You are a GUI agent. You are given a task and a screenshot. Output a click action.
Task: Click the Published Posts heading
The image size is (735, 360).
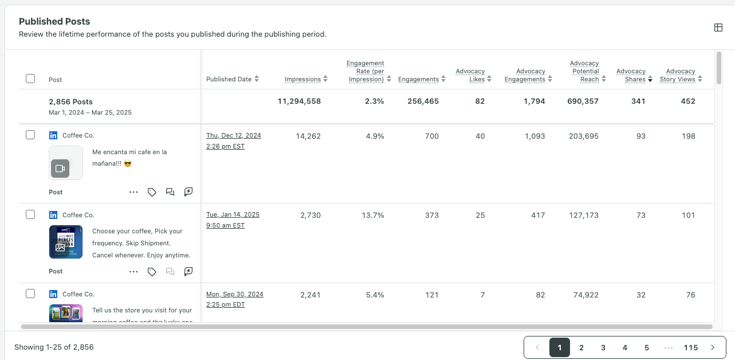click(54, 21)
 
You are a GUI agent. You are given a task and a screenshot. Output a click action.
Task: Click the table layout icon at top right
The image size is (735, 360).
click(718, 28)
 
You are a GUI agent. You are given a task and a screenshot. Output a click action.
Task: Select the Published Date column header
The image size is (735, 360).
click(229, 79)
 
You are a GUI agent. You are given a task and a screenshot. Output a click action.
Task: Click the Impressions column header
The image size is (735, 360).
click(302, 79)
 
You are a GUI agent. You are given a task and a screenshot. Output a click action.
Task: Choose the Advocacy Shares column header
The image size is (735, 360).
click(631, 75)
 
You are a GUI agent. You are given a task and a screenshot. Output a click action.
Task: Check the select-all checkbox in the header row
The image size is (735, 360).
click(30, 79)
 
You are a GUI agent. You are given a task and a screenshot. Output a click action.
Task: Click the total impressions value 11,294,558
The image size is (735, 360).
click(299, 101)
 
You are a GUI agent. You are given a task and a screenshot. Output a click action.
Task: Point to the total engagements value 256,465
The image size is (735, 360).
click(418, 101)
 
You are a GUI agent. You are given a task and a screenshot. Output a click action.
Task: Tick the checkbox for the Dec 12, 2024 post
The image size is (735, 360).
click(30, 135)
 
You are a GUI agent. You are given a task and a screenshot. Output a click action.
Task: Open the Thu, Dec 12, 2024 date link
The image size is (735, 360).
click(233, 136)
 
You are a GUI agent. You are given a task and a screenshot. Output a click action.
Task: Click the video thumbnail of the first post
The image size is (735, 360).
click(65, 163)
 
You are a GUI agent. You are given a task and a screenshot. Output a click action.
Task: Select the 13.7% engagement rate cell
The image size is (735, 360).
click(372, 216)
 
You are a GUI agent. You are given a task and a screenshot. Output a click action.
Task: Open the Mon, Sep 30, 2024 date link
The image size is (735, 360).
click(234, 295)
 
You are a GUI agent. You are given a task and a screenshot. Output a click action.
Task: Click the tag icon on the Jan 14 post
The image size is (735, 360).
click(152, 272)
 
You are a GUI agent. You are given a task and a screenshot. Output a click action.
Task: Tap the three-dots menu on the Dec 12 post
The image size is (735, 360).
click(133, 192)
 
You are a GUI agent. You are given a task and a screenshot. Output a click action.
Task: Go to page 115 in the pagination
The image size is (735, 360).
click(690, 347)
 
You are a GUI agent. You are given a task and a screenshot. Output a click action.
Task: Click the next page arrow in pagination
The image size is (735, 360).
click(713, 347)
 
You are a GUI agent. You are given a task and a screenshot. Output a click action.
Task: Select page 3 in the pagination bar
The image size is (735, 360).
click(603, 347)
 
